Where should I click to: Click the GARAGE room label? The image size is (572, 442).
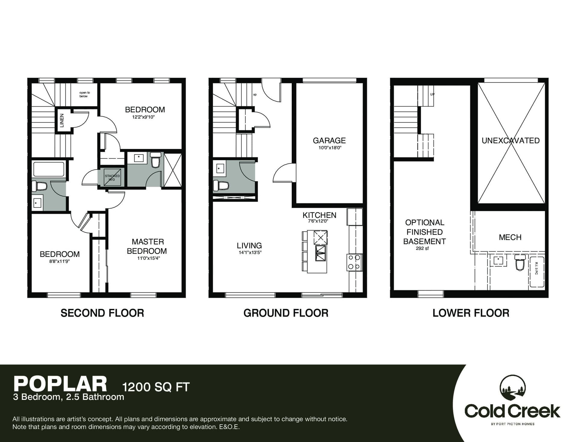329,141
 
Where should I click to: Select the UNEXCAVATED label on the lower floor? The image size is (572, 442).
511,141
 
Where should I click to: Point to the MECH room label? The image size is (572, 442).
510,237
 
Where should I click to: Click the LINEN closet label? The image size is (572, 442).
62,120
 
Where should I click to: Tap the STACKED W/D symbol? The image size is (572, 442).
112,178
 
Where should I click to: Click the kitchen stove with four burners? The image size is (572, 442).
354,262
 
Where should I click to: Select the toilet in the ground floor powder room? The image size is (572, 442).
220,185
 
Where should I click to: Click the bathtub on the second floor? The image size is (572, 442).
49,169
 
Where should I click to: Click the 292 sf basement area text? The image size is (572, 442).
422,248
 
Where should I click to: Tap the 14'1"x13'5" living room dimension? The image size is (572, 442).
250,253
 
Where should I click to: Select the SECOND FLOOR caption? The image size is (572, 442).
102,313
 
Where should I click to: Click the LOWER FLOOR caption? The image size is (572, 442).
471,313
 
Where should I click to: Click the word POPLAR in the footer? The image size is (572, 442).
60,384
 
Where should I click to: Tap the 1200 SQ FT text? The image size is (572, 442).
156,387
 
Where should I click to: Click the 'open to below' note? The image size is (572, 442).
84,95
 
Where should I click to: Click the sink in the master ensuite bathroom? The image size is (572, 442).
138,158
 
